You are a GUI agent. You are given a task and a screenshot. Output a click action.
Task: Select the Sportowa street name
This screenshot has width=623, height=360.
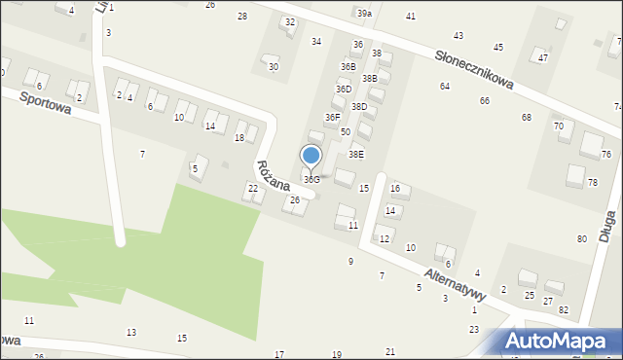click(44, 102)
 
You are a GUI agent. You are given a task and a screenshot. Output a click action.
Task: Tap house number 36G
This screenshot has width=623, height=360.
click(311, 180)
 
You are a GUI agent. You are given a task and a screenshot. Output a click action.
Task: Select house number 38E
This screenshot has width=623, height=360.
click(356, 154)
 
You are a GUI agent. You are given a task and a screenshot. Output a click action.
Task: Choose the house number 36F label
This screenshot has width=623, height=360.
click(333, 117)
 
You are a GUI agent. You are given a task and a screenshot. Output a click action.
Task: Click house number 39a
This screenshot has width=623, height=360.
click(364, 14)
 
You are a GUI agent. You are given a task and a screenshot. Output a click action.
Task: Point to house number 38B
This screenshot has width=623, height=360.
click(370, 78)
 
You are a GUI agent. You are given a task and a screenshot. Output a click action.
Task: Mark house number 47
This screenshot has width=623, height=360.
click(543, 58)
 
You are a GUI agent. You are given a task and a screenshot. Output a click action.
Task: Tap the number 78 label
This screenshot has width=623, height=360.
click(593, 183)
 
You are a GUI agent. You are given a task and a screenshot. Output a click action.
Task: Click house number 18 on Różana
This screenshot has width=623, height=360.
click(239, 138)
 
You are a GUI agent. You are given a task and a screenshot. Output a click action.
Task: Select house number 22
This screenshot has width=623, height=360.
click(253, 188)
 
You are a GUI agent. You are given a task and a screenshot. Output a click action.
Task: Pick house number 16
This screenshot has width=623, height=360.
click(395, 188)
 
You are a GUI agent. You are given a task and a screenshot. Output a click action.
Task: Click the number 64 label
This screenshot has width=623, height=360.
click(445, 87)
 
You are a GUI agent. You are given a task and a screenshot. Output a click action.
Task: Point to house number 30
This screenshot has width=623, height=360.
click(274, 67)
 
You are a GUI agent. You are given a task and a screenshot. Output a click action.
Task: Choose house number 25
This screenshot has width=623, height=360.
click(530, 295)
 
